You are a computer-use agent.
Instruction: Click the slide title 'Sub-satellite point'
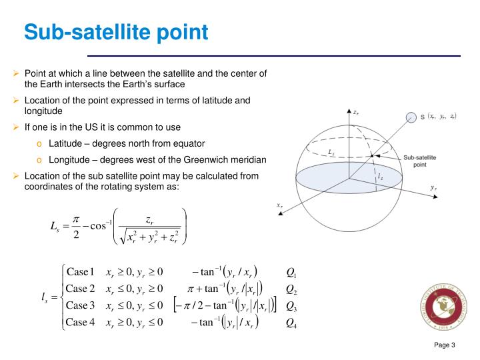tap(116, 31)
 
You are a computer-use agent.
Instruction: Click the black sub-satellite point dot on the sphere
tap(372, 155)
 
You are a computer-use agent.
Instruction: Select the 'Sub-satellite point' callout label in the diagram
tap(420, 160)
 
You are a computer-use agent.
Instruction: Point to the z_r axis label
tap(357, 113)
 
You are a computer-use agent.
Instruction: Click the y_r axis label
tap(433, 189)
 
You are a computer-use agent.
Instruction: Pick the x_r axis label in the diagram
tap(280, 205)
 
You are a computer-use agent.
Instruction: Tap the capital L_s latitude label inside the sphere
tap(332, 152)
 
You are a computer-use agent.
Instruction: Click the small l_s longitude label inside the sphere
tap(380, 177)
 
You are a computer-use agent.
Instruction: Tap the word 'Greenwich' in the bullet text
tap(205, 159)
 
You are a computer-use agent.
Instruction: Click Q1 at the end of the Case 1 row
tap(291, 272)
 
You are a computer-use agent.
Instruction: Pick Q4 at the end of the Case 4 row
tap(291, 323)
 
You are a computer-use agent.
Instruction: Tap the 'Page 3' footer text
tap(444, 345)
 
